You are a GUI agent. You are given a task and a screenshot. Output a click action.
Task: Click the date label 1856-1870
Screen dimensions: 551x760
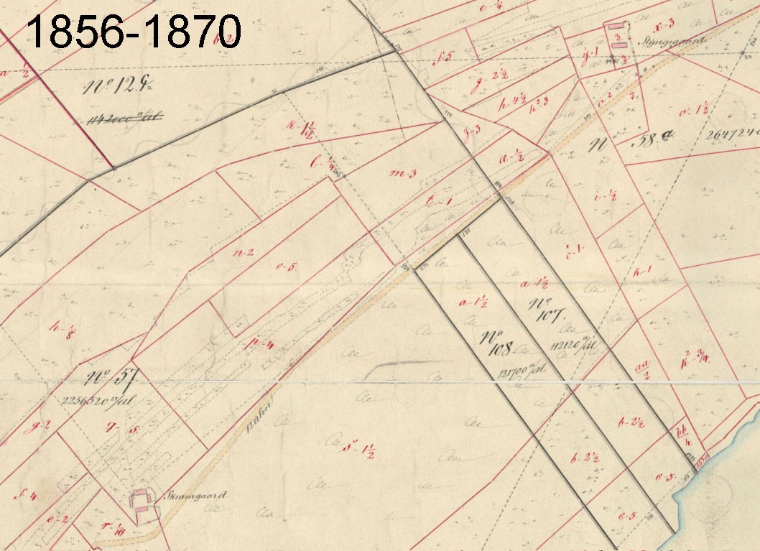(133, 32)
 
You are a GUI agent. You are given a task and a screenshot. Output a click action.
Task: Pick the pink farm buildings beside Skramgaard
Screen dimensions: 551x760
(141, 500)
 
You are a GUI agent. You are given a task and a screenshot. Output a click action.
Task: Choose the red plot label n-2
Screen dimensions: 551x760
(246, 252)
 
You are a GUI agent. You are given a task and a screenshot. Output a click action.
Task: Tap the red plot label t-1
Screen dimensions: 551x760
(437, 203)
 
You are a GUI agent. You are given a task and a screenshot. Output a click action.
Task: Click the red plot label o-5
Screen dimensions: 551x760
(287, 267)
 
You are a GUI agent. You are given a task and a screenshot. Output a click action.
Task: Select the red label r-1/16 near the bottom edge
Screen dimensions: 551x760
(112, 528)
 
